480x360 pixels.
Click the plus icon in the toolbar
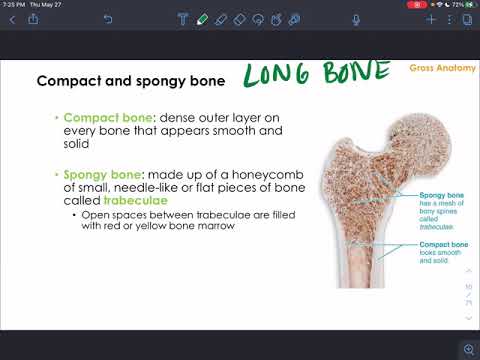point(431,19)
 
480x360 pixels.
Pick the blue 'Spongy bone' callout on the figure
point(441,197)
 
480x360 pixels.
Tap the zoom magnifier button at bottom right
point(467,349)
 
